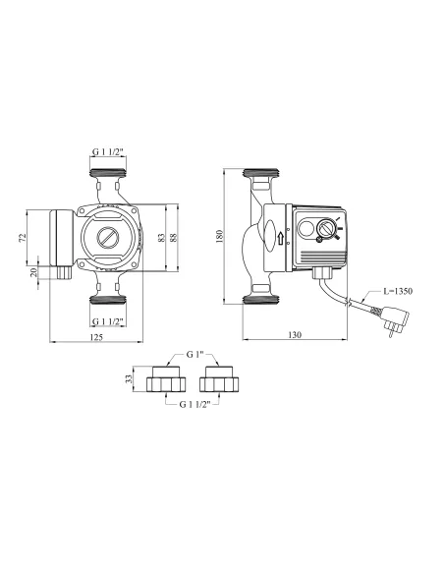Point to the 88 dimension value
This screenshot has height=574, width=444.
176,236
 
